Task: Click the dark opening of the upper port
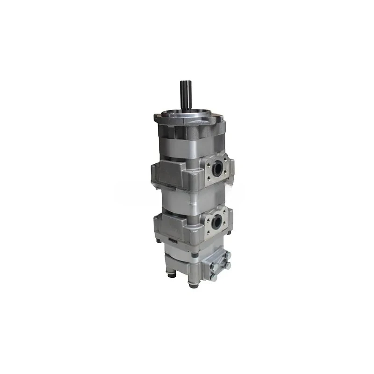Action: [x=216, y=169]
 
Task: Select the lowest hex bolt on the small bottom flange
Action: [x=214, y=278]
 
